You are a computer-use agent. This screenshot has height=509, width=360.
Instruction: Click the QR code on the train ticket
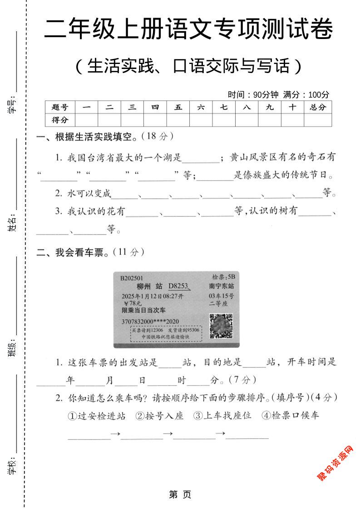(x=221, y=326)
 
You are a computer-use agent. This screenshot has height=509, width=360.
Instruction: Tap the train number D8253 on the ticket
(x=179, y=286)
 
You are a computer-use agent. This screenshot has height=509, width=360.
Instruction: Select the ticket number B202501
(x=132, y=278)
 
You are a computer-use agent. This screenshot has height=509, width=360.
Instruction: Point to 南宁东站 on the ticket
(x=222, y=286)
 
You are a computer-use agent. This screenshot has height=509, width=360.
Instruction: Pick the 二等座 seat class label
(x=218, y=303)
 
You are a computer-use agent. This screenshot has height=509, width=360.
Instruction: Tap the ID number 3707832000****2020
(x=150, y=322)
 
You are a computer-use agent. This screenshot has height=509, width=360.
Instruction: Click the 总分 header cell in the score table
(x=318, y=108)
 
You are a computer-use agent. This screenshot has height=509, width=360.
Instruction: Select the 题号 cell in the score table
(x=60, y=108)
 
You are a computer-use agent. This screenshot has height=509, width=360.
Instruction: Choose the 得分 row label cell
(x=60, y=120)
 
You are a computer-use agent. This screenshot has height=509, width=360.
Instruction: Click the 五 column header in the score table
(x=178, y=108)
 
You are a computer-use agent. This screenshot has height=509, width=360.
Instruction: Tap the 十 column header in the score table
(x=292, y=108)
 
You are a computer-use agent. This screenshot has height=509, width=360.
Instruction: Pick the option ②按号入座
(x=159, y=416)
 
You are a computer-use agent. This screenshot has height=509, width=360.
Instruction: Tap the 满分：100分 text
(x=306, y=95)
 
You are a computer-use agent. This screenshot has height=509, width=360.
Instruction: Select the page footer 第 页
(x=180, y=494)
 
